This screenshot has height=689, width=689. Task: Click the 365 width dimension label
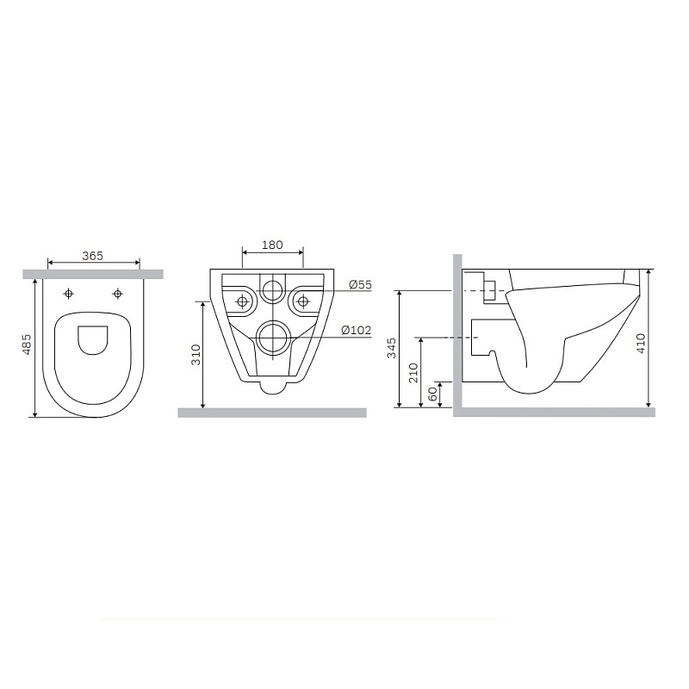click(93, 256)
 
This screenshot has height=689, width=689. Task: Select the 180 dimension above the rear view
click(272, 245)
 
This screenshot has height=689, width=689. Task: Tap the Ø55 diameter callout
click(360, 285)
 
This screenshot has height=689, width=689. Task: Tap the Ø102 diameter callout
click(356, 330)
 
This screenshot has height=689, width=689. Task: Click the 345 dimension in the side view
click(391, 349)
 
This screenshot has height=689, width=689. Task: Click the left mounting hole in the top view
click(69, 294)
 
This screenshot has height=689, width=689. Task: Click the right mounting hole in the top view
click(117, 294)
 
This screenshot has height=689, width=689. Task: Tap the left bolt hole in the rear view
click(243, 301)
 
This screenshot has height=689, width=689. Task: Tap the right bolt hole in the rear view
click(302, 301)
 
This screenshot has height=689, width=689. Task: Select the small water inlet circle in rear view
click(272, 289)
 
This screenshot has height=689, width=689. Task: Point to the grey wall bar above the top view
click(93, 274)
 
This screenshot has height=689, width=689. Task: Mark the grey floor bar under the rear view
click(272, 413)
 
